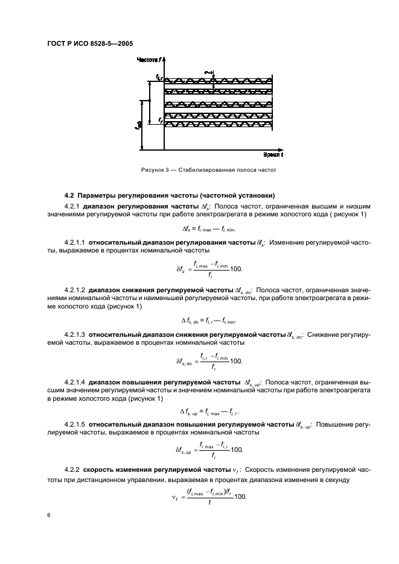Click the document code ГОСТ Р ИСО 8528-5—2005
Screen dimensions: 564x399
pyautogui.click(x=90, y=43)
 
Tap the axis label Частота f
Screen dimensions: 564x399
pyautogui.click(x=148, y=60)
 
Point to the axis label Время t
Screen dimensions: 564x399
pyautogui.click(x=272, y=155)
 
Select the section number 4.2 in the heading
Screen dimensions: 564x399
pyautogui.click(x=69, y=195)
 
